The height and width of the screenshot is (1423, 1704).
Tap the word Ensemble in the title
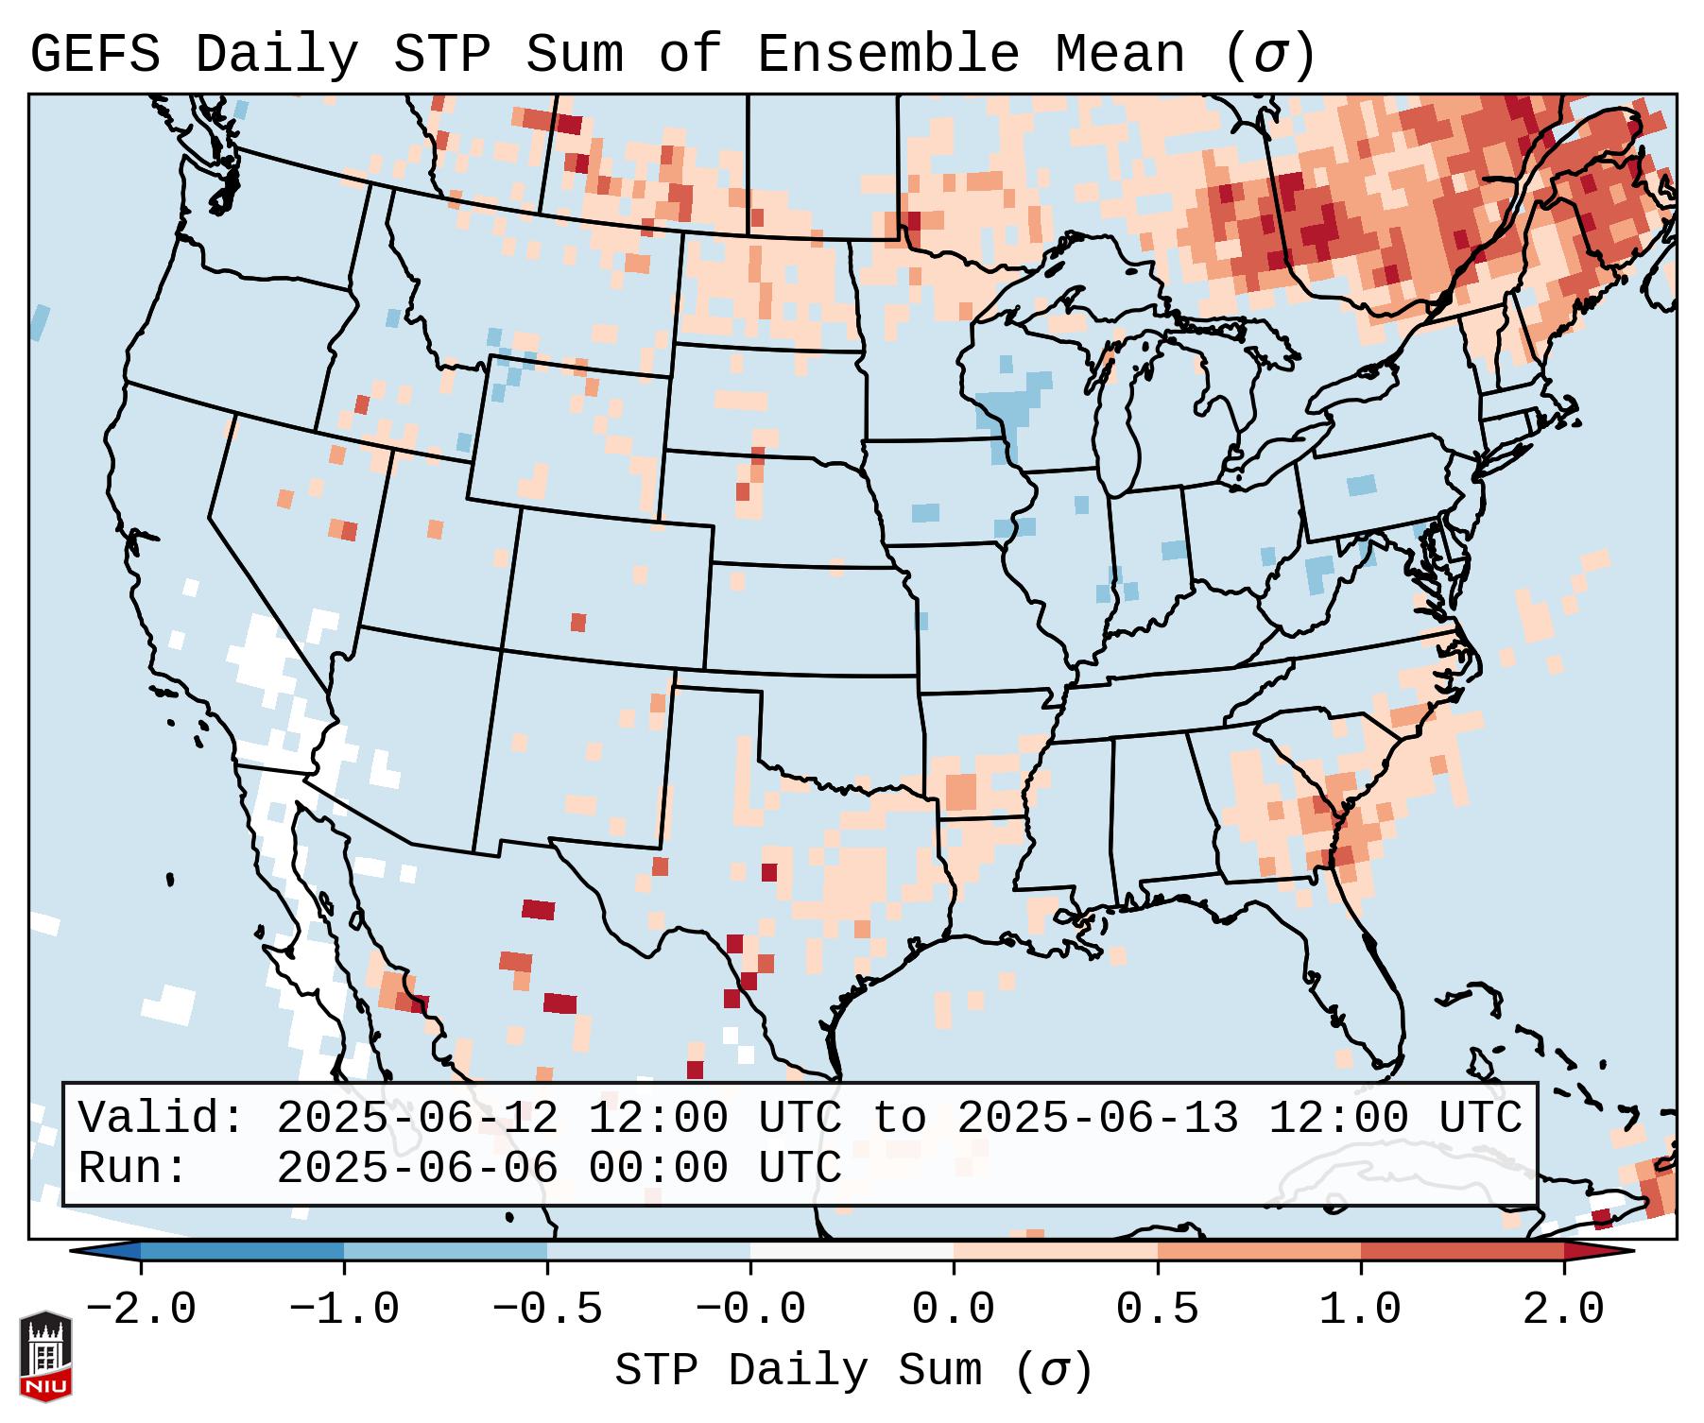click(x=887, y=55)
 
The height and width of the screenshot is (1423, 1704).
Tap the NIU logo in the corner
click(x=45, y=1356)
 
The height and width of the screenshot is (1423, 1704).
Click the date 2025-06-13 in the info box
click(x=1097, y=1119)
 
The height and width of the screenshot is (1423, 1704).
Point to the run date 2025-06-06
click(x=417, y=1169)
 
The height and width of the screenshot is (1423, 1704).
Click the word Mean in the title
click(x=1119, y=55)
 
